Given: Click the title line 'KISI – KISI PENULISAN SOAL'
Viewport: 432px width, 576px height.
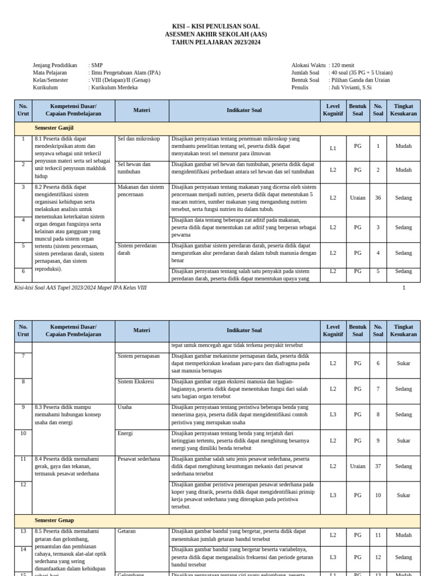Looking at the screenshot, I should [216, 27].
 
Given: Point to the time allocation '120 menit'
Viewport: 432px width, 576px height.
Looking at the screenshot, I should [343, 65].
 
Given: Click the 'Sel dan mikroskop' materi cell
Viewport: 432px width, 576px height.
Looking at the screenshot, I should [139, 138].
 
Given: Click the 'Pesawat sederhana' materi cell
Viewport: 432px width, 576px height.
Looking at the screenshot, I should [139, 459].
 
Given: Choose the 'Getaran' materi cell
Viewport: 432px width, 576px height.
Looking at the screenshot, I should [127, 531].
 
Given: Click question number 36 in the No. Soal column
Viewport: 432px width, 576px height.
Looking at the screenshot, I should [378, 198].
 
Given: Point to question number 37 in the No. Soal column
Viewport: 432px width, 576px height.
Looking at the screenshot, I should [378, 466].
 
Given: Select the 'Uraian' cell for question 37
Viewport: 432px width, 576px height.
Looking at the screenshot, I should [358, 466].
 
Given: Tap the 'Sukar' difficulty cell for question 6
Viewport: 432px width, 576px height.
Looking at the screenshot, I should [403, 363].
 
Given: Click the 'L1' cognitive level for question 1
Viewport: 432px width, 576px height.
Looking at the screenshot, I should [333, 148].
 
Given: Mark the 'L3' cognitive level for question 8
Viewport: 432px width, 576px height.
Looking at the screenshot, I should [333, 415].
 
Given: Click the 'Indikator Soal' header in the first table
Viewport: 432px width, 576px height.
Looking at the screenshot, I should [244, 111].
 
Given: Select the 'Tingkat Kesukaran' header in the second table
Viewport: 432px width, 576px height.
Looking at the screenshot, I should [403, 330].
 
